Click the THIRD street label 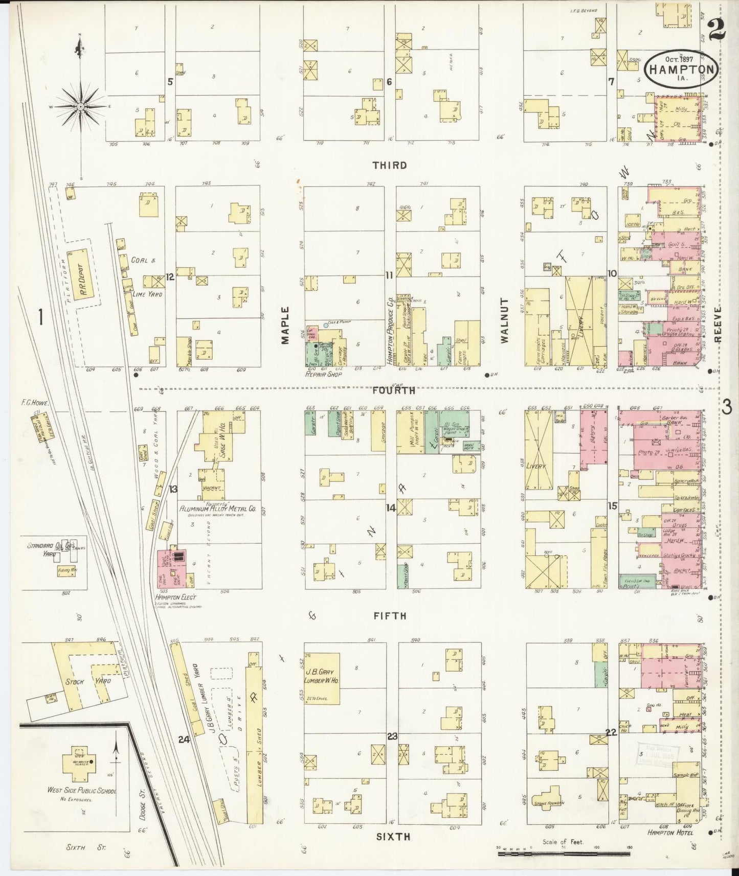(390, 165)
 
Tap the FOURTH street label (393, 390)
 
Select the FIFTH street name (389, 616)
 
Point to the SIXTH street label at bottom (393, 836)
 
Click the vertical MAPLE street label (285, 326)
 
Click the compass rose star (81, 106)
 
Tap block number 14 (391, 508)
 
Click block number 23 (392, 736)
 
